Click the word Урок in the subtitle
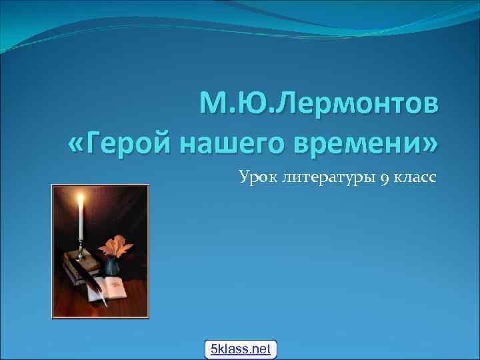coord(254,177)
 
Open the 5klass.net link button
coord(240,349)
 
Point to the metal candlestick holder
coord(81,252)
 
